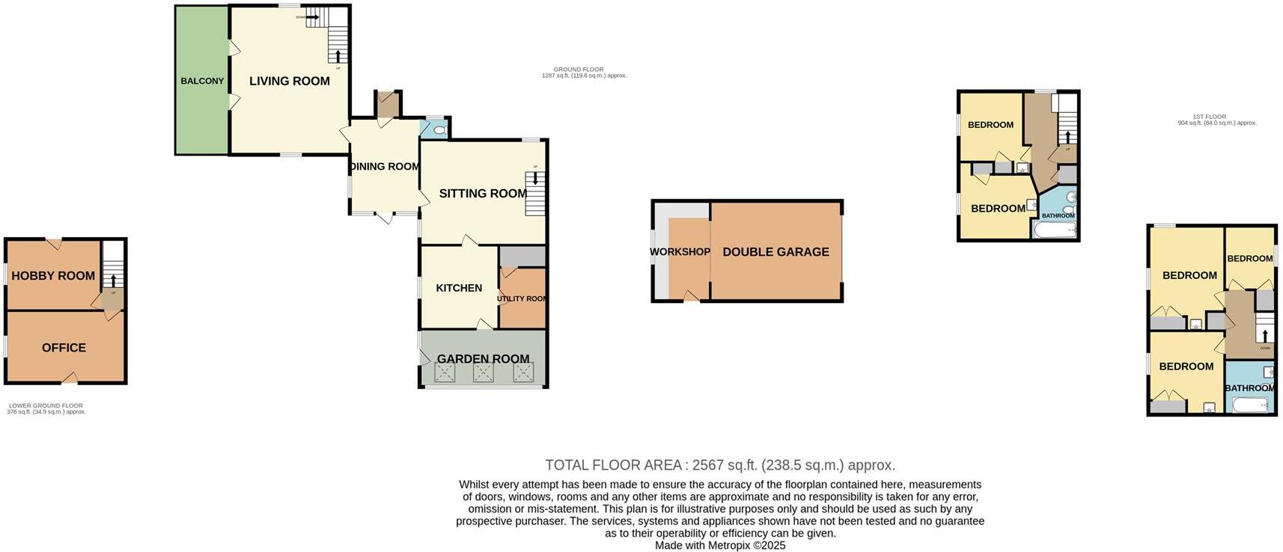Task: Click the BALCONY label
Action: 202,81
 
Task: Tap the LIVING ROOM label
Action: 289,81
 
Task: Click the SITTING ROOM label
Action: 483,194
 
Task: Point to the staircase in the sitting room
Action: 535,194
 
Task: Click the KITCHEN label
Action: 459,288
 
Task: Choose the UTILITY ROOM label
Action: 522,298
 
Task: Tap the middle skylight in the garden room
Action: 484,373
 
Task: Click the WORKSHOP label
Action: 680,252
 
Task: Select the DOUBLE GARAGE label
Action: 775,252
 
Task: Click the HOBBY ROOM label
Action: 53,276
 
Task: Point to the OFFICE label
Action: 64,348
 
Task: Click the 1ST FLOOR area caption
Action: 1216,120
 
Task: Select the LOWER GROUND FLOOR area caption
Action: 46,408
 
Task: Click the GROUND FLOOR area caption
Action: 584,73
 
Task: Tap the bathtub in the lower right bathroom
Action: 1250,405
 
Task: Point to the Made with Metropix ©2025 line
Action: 719,545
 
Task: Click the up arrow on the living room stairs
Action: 338,56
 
